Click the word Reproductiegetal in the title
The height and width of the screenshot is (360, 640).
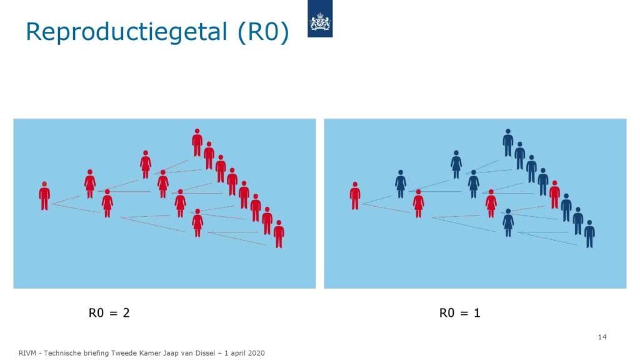pos(126,32)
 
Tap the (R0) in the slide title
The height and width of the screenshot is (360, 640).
pos(263,32)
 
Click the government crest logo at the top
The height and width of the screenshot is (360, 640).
pos(320,19)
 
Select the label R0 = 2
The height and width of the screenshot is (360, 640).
pos(109,312)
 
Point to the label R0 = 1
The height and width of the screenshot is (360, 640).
pos(459,312)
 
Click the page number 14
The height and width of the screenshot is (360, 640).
pos(602,337)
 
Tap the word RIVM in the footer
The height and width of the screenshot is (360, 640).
pos(27,353)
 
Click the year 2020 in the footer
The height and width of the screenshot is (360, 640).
pos(256,353)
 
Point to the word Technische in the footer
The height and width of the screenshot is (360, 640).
pos(62,353)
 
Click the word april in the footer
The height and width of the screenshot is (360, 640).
pos(237,354)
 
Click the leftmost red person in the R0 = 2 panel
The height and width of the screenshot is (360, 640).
pos(44,196)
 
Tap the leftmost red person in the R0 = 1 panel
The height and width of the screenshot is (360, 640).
pos(355,196)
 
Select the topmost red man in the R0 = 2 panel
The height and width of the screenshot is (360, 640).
pos(197,142)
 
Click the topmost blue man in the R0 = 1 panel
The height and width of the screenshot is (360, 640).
pos(507,142)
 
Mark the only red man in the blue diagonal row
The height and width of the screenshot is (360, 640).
pos(554,195)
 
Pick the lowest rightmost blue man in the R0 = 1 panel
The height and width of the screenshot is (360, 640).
pos(589,234)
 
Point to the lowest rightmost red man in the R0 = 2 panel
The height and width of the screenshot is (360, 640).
pos(279,234)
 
